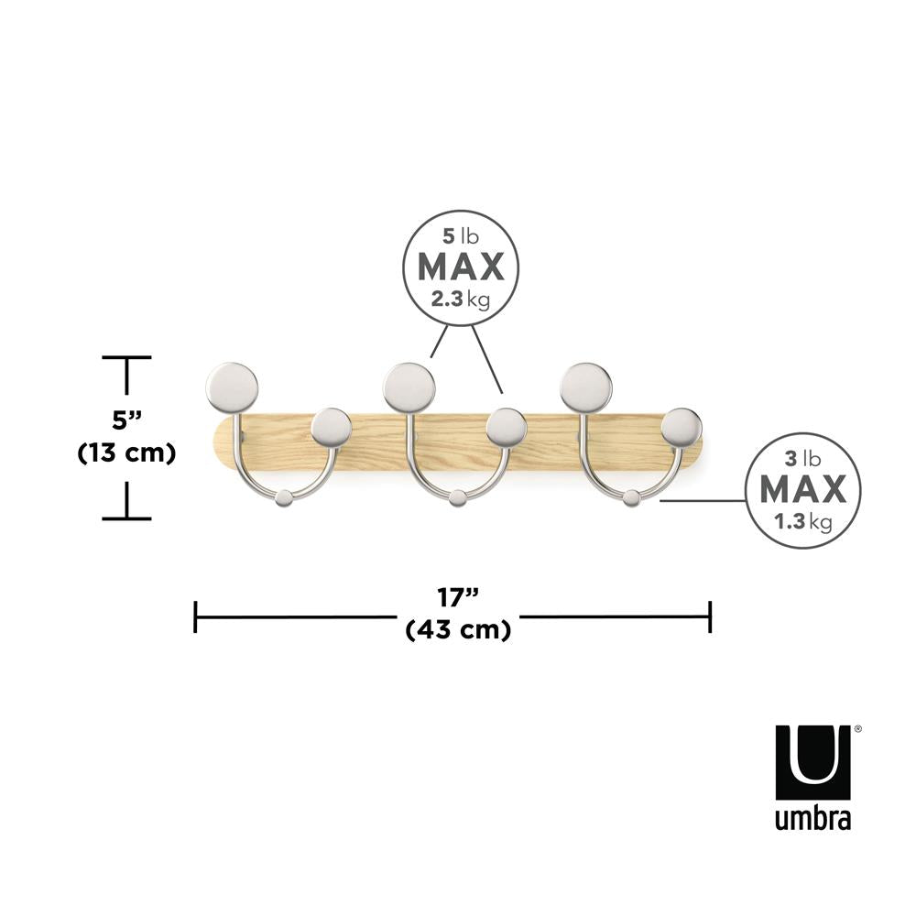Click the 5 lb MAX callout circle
(461, 266)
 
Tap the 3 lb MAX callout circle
(802, 490)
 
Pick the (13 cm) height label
(126, 453)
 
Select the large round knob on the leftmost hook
(232, 387)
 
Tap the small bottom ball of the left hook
(285, 497)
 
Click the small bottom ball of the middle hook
(458, 497)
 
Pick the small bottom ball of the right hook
(632, 497)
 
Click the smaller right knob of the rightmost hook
(682, 428)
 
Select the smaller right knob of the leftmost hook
(331, 428)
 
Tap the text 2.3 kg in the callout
(461, 298)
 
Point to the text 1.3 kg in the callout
(802, 523)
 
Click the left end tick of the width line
(196, 616)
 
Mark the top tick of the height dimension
(126, 358)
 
